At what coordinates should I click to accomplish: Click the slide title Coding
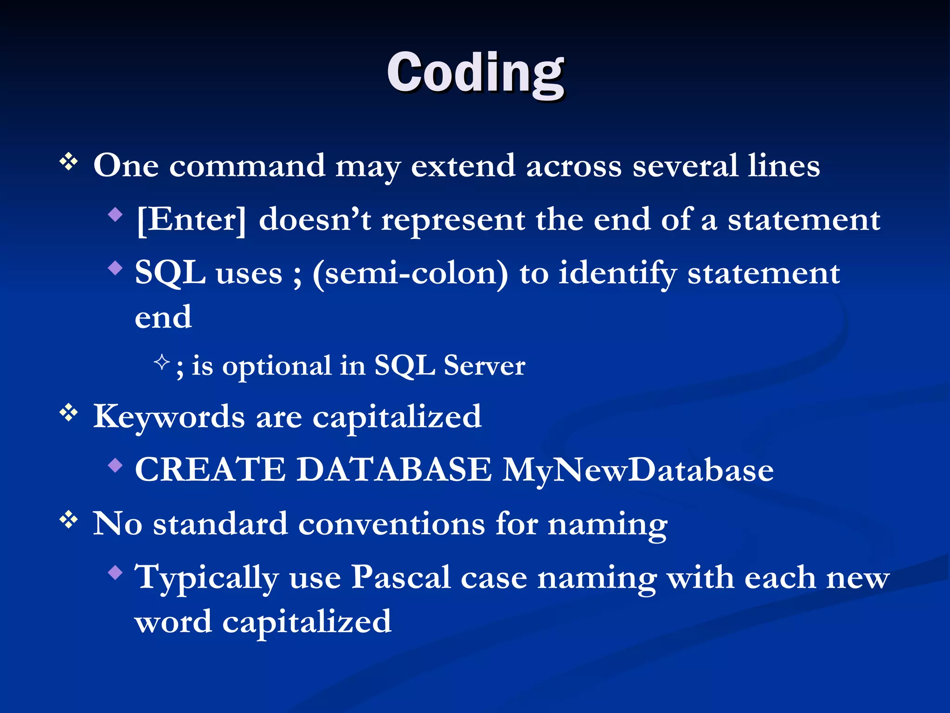pyautogui.click(x=475, y=73)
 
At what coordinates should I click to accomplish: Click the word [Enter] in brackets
pyautogui.click(x=191, y=220)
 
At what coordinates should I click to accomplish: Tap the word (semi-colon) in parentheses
pyautogui.click(x=410, y=274)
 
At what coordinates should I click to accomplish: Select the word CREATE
pyautogui.click(x=210, y=469)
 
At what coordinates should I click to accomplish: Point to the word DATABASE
pyautogui.click(x=394, y=469)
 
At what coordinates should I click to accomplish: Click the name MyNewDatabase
pyautogui.click(x=638, y=470)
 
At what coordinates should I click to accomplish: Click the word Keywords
pyautogui.click(x=169, y=417)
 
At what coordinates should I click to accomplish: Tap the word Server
pyautogui.click(x=484, y=366)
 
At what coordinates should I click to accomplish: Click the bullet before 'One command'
pyautogui.click(x=69, y=162)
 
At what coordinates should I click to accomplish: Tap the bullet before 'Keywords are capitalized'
pyautogui.click(x=69, y=413)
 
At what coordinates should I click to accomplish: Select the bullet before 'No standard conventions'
pyautogui.click(x=69, y=520)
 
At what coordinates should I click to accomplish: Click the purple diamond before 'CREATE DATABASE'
pyautogui.click(x=115, y=465)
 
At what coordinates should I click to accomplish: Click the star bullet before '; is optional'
pyautogui.click(x=161, y=362)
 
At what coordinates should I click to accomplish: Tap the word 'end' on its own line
pyautogui.click(x=163, y=318)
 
